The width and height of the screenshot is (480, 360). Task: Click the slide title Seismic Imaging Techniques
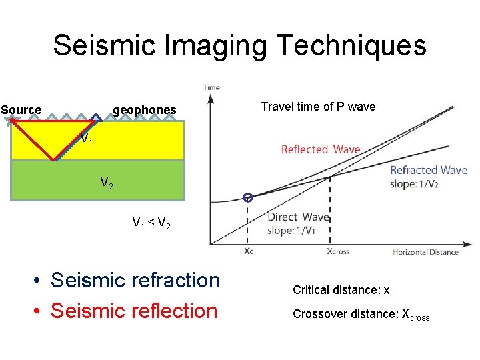point(239,45)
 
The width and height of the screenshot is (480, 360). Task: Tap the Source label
point(21,110)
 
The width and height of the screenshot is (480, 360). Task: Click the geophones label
point(145,110)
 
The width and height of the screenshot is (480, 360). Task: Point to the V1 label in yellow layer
point(86,140)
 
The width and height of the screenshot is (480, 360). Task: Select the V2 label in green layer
point(107,182)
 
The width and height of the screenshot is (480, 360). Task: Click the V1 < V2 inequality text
point(151,223)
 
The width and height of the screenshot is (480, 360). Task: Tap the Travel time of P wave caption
point(318,107)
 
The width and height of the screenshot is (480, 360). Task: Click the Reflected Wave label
point(321,149)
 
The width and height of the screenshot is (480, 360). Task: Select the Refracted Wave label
point(429,170)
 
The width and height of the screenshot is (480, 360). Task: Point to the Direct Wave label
point(298,217)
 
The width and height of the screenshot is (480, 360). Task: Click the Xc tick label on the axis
point(249,251)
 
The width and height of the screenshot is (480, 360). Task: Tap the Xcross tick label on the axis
point(338,252)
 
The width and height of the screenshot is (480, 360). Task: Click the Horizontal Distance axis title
point(425,252)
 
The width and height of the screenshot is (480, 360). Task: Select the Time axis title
point(211,87)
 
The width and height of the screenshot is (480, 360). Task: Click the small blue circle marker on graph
point(248,197)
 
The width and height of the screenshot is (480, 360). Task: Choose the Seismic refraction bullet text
point(135,281)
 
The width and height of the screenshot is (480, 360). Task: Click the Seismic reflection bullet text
point(134,311)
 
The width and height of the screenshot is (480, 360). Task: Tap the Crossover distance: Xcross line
point(361,315)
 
